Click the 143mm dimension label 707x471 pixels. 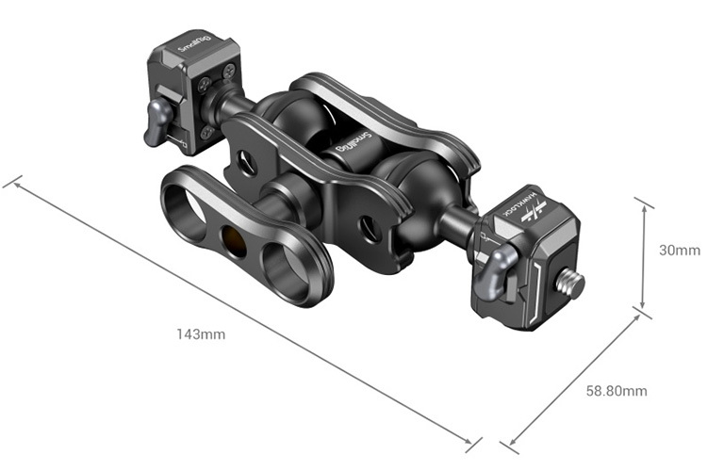[x=200, y=333]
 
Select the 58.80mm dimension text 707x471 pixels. [x=617, y=390]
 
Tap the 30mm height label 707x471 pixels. [x=679, y=251]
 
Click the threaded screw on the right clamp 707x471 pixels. [x=571, y=283]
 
